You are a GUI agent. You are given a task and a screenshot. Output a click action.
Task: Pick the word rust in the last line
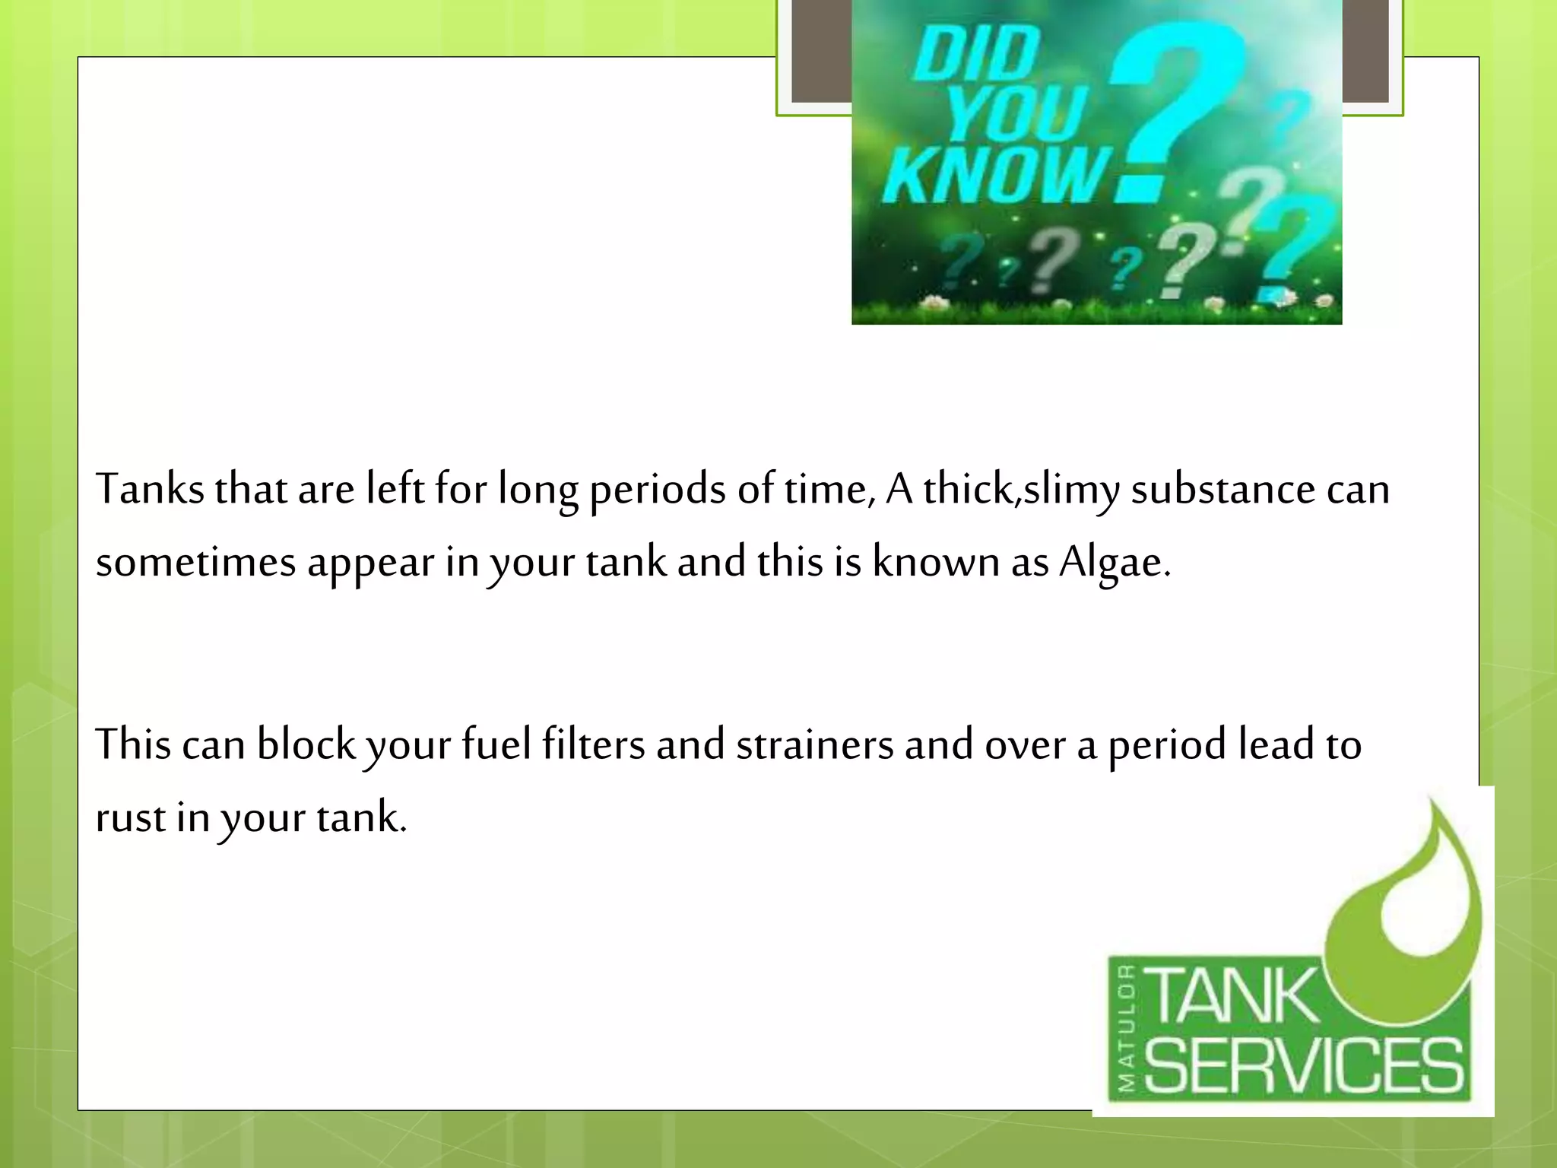pyautogui.click(x=130, y=818)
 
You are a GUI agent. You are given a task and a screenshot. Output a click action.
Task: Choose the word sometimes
pyautogui.click(x=195, y=563)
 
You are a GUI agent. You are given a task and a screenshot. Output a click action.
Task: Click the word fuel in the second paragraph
pyautogui.click(x=496, y=744)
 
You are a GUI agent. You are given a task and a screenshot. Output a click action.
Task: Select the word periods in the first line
pyautogui.click(x=657, y=489)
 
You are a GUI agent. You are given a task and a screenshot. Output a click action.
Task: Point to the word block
pyautogui.click(x=306, y=744)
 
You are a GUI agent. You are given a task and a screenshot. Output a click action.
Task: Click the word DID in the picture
pyautogui.click(x=977, y=53)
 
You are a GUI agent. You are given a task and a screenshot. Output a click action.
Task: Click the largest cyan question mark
pyautogui.click(x=1182, y=91)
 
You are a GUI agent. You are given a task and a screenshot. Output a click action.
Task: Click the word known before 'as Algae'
pyautogui.click(x=935, y=563)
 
